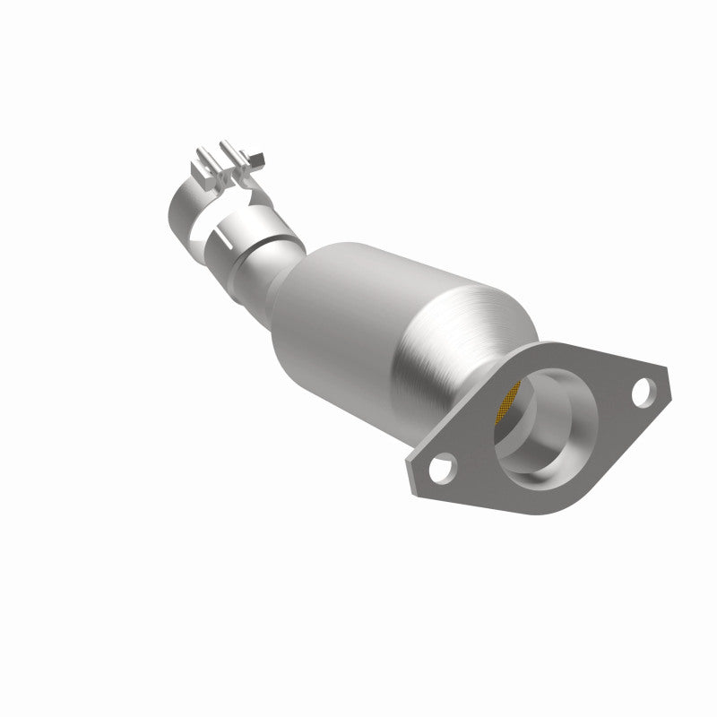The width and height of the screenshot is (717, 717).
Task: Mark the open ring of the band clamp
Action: [x=182, y=206]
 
